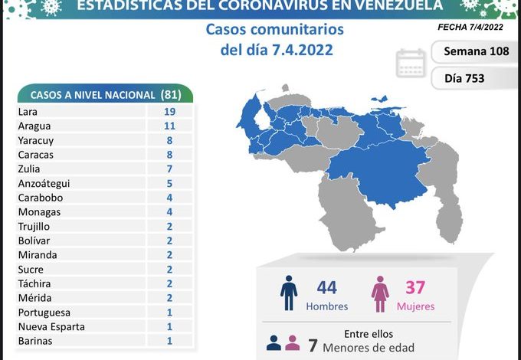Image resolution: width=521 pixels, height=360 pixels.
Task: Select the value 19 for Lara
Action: tap(169, 111)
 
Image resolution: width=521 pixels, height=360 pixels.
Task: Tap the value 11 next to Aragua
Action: tap(169, 126)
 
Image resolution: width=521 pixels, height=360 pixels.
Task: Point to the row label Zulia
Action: tap(28, 169)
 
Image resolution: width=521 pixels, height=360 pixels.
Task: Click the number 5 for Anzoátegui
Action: tap(169, 183)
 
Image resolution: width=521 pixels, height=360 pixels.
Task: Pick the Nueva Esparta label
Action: tap(51, 327)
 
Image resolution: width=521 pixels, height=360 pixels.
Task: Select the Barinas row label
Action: tap(35, 341)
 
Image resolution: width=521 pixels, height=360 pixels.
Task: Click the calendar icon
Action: tap(411, 64)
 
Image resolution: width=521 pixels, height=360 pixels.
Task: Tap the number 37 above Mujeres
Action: tap(416, 287)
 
